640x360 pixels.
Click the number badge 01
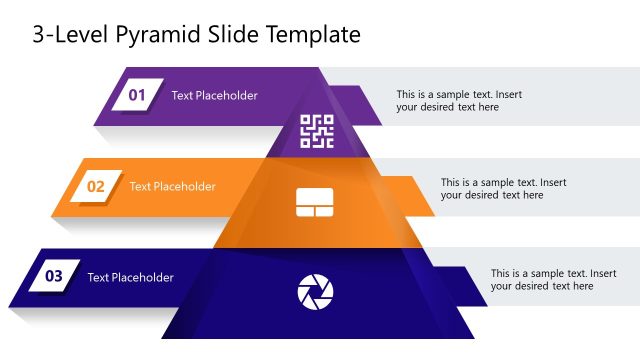137,95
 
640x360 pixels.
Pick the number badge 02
96,186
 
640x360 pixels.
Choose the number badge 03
54,276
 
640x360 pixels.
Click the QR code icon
317,131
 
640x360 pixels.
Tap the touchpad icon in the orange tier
315,203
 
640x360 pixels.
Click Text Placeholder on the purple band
214,96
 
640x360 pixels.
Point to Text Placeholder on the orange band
172,186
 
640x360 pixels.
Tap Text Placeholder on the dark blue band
130,277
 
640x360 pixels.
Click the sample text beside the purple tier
458,101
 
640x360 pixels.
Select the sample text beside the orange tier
503,189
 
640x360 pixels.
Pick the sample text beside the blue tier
553,279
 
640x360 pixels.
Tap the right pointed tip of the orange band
433,214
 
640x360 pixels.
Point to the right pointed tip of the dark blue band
486,304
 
